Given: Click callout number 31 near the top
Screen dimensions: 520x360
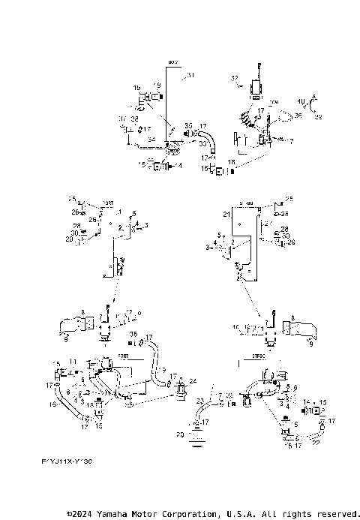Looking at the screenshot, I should point(190,75).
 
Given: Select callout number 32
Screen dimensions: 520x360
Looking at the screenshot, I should point(234,78).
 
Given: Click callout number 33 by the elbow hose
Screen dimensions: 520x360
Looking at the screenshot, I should point(203,143).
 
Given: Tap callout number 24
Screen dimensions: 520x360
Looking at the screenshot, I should point(193,381).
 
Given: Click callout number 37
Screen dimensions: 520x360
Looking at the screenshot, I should point(121,119).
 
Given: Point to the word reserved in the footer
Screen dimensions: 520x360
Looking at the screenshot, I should point(334,514).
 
